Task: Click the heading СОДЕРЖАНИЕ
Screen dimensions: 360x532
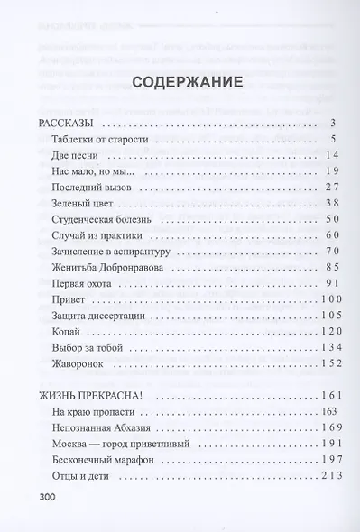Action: tap(186, 83)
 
